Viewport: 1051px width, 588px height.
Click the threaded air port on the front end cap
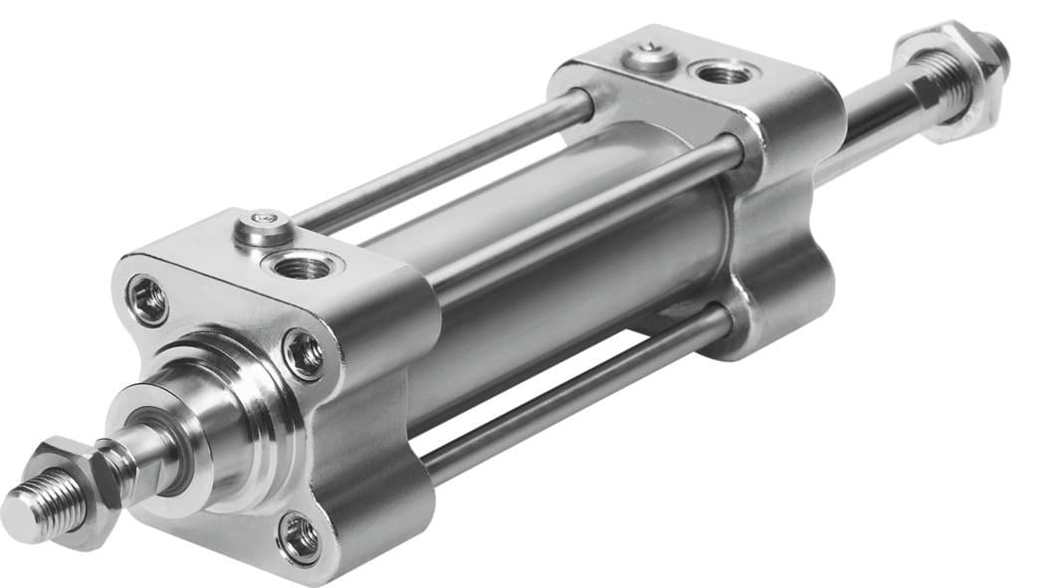tap(303, 265)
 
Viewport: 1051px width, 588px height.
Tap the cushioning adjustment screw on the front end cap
tap(264, 228)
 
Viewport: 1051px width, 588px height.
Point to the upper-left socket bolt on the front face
tap(148, 299)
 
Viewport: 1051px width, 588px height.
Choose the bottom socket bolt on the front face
tap(299, 537)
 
